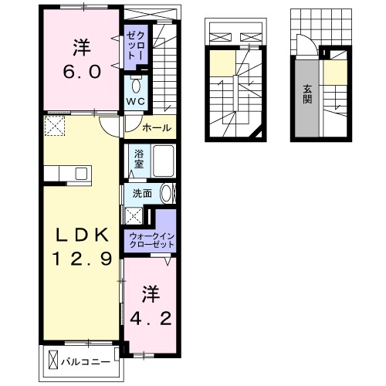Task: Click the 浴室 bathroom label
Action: (138, 159)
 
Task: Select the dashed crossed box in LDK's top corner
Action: (54, 124)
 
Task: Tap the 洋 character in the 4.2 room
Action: (150, 293)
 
